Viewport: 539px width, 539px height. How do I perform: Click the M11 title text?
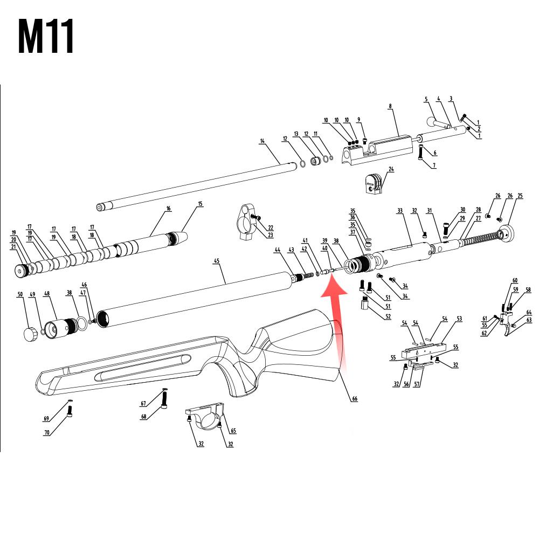point(46,36)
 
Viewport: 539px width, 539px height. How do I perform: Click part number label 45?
point(217,261)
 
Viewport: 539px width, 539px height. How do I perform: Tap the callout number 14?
point(262,141)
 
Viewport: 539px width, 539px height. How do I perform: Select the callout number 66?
point(355,399)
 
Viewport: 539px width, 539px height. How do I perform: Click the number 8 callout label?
point(390,106)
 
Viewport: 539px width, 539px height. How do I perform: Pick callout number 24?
point(391,169)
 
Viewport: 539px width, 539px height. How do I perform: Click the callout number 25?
point(520,196)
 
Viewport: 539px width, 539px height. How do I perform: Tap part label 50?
point(20,294)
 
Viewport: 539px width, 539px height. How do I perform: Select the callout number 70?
point(47,432)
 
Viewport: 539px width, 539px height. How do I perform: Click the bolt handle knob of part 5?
point(431,122)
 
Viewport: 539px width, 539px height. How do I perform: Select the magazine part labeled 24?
point(373,184)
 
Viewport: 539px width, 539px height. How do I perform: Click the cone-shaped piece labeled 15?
point(178,238)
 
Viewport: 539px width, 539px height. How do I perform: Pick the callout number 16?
point(168,209)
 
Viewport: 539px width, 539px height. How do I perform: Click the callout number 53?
point(459,319)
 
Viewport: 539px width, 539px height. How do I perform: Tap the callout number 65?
point(233,431)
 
